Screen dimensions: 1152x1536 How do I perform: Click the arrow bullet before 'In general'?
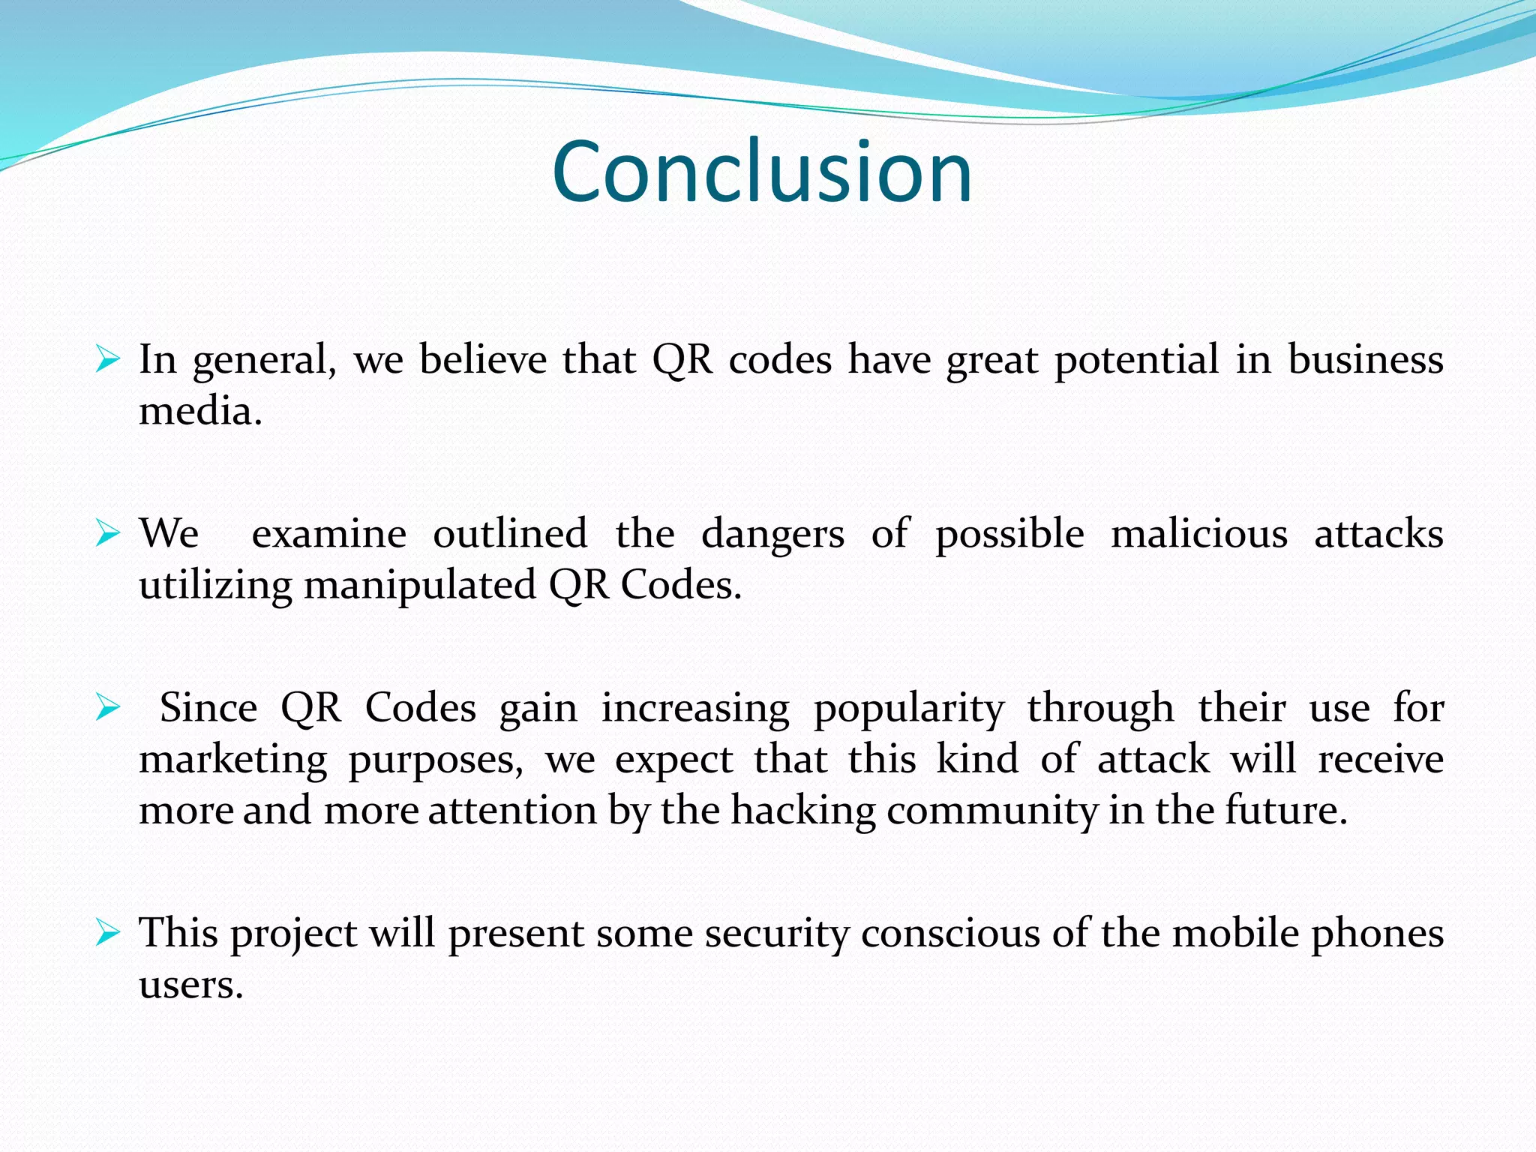click(x=108, y=361)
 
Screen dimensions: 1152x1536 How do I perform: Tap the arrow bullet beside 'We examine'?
click(x=108, y=535)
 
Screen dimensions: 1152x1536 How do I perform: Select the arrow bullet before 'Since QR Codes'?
click(x=108, y=708)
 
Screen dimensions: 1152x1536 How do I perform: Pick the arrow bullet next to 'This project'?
click(x=108, y=934)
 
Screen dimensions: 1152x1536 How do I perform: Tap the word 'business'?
click(x=1365, y=359)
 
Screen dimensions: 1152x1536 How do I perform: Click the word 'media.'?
click(x=201, y=411)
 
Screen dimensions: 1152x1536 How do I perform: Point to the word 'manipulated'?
click(x=420, y=586)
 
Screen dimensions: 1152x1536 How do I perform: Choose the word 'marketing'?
click(x=233, y=760)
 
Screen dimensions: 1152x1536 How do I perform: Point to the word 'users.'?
click(x=191, y=985)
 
